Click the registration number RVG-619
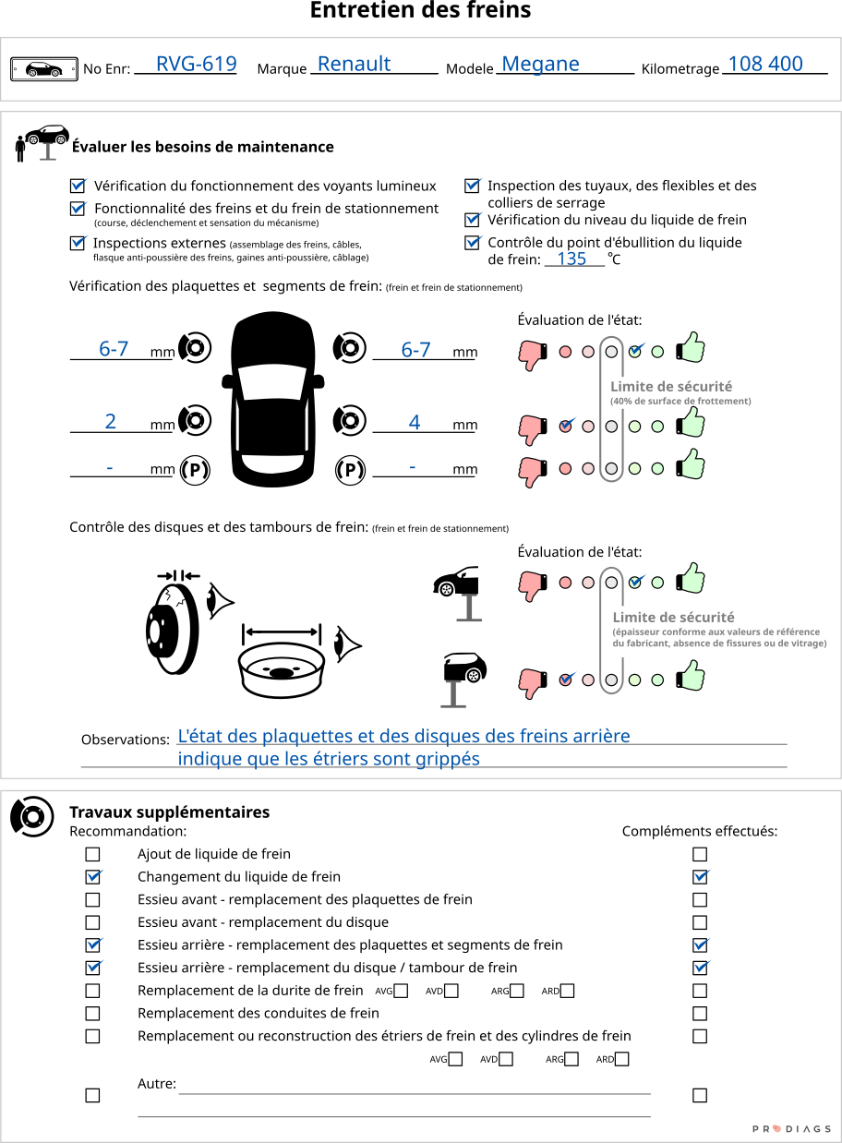tap(197, 64)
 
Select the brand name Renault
tap(355, 64)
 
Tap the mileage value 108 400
tap(765, 64)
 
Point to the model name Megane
tap(540, 65)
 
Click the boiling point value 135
tap(571, 259)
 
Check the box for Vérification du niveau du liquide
tap(472, 220)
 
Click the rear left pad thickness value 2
tap(110, 422)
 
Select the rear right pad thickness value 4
tap(415, 423)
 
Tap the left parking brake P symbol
tap(195, 470)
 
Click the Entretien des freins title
tap(420, 10)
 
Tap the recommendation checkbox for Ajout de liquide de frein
tap(92, 854)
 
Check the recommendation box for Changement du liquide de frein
tap(92, 877)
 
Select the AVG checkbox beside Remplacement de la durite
tap(401, 991)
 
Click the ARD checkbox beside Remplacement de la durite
tap(568, 991)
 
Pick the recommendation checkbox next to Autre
tap(92, 1096)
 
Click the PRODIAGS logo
tap(791, 1129)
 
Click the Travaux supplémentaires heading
tap(170, 812)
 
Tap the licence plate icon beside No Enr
tap(44, 69)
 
